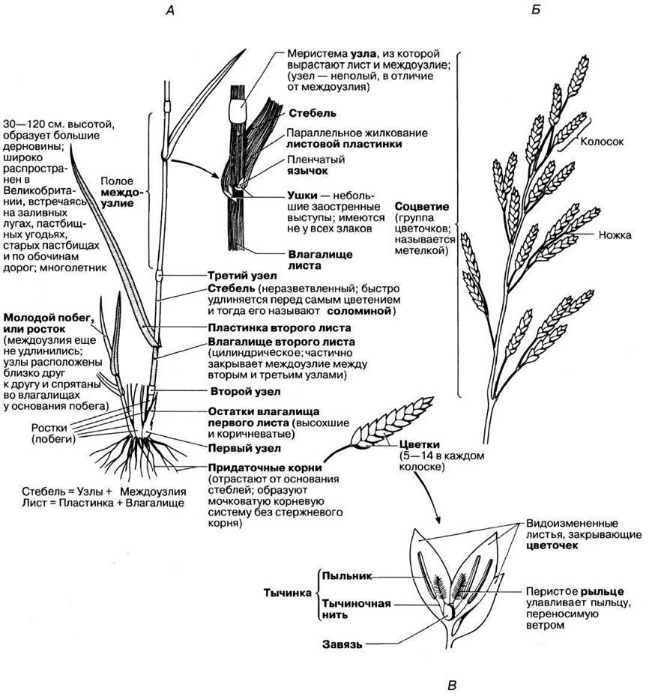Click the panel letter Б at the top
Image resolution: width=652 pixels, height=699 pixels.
tap(535, 10)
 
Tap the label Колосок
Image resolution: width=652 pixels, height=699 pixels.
tap(603, 140)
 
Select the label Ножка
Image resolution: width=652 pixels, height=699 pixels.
tap(615, 234)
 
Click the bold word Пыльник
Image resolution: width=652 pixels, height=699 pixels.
tap(345, 575)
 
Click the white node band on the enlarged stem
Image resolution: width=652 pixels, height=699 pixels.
tap(239, 112)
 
